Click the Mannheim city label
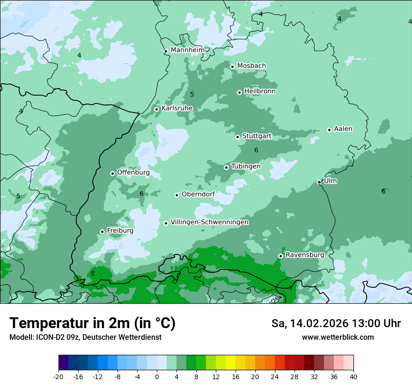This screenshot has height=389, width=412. click(187, 50)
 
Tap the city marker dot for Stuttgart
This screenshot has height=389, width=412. click(237, 137)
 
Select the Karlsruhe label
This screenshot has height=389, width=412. click(177, 108)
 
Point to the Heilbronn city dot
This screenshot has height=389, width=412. click(239, 92)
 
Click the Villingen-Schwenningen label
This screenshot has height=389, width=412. click(209, 222)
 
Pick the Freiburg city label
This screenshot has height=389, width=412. click(120, 231)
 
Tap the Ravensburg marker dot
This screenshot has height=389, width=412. click(280, 256)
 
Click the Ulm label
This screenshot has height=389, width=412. click(330, 181)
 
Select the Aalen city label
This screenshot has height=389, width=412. click(343, 129)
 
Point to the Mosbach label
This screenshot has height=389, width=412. click(251, 66)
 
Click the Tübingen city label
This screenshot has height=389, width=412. click(246, 166)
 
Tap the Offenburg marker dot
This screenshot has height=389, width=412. click(112, 173)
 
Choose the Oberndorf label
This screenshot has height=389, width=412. click(198, 194)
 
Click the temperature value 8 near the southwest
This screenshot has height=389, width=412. click(93, 273)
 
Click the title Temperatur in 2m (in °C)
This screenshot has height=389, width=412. click(92, 323)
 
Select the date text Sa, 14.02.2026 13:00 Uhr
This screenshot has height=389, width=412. click(336, 323)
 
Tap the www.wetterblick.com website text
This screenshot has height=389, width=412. click(338, 337)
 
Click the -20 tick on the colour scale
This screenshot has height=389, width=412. click(59, 377)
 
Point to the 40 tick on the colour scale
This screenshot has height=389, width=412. click(353, 377)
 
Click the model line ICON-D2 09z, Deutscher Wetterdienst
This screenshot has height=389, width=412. click(85, 337)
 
